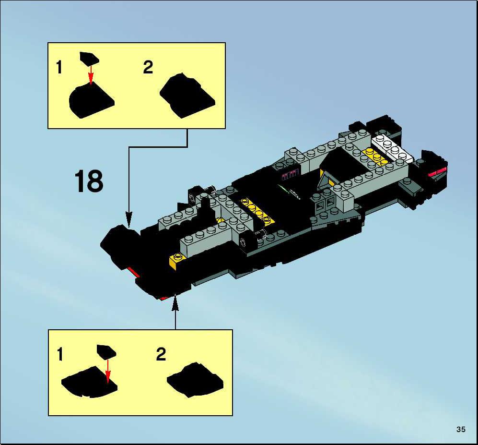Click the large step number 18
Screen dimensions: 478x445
[89, 181]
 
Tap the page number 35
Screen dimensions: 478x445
[461, 430]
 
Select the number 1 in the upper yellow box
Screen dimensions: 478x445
[59, 67]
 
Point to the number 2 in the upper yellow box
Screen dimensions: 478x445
[148, 67]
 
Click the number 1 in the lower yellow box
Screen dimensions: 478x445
[60, 354]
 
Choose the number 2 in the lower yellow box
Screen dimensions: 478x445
[161, 354]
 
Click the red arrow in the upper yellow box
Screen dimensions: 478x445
[91, 74]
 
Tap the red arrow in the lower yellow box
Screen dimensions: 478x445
[107, 370]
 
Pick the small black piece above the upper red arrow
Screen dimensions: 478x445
[89, 58]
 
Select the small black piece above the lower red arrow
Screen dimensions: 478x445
[106, 351]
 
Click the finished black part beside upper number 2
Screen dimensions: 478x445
[187, 96]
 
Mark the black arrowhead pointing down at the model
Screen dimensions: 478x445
[129, 220]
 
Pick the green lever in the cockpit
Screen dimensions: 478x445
[283, 189]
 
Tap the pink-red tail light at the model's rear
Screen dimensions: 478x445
[438, 172]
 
